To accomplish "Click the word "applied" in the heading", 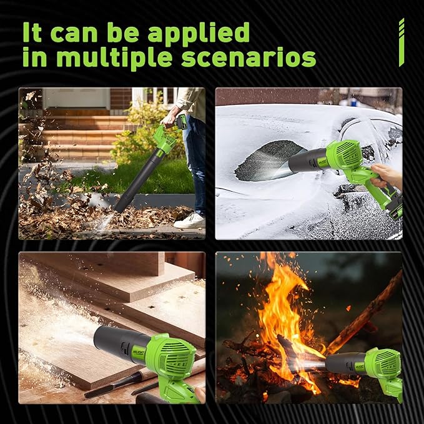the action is point(199,34).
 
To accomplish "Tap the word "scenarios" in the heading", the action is point(249,57).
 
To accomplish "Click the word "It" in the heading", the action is point(32,32).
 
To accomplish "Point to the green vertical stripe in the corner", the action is point(402,42).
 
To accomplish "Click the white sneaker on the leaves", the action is point(190,220).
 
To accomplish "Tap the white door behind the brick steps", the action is point(77,98).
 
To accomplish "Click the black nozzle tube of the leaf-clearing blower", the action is point(138,181).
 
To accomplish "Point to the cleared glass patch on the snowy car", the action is point(268,160).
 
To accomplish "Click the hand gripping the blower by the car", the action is point(386,175).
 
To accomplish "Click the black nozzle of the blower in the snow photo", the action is point(308,161).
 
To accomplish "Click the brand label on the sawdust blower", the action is point(139,353).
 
